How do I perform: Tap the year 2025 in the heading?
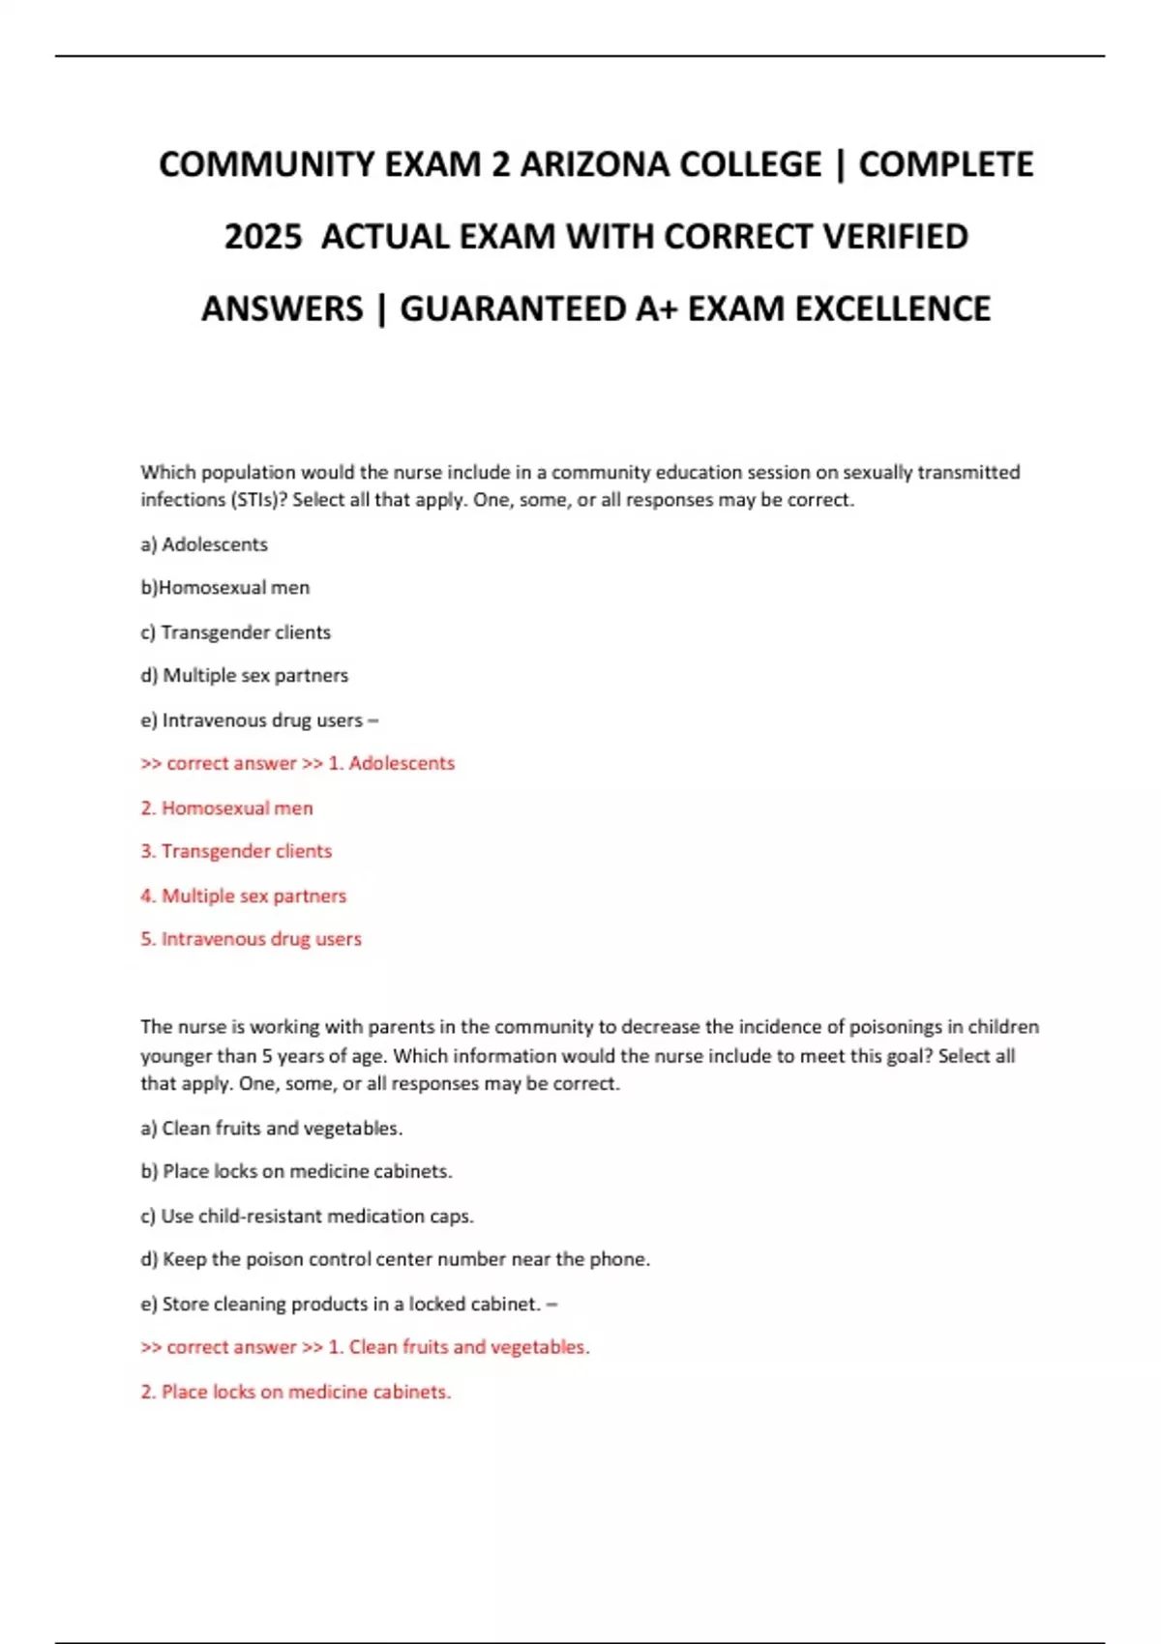click(262, 237)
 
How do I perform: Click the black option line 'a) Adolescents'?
click(204, 544)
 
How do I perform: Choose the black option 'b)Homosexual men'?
click(225, 588)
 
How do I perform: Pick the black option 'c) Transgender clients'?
click(236, 632)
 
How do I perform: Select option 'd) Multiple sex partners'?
click(245, 676)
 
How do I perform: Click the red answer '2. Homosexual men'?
click(227, 808)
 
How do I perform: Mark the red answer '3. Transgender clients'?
click(236, 852)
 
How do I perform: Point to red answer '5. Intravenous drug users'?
click(252, 939)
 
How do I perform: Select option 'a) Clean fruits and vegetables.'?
click(272, 1129)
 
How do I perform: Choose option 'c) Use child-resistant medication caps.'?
click(308, 1217)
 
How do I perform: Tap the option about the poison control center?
click(396, 1260)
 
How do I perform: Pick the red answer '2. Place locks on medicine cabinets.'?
click(296, 1393)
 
